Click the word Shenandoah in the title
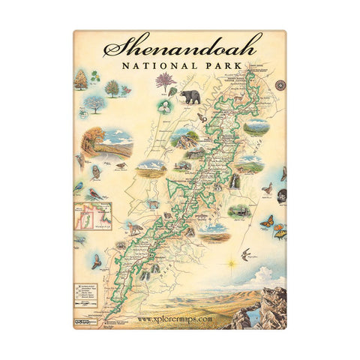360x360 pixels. (182, 46)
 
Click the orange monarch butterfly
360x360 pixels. (266, 221)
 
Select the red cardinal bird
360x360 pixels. (93, 194)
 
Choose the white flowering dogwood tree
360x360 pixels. (94, 103)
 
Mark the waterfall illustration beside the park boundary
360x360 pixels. (234, 181)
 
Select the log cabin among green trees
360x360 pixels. (240, 211)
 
